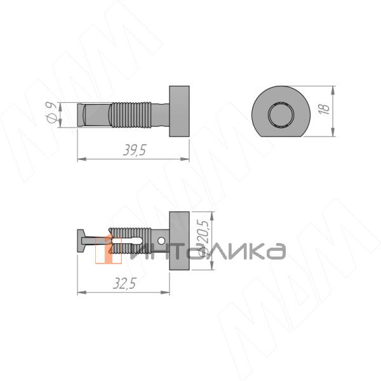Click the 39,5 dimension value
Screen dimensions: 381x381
coord(135,150)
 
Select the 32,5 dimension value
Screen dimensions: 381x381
coord(124,283)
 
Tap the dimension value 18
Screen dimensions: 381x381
coord(324,109)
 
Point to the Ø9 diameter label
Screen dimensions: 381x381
coord(51,112)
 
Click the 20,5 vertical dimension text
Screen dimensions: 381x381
coord(203,231)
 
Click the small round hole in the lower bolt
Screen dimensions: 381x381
coord(161,241)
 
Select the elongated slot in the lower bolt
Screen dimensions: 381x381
coord(126,241)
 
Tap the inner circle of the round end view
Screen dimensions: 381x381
coord(281,114)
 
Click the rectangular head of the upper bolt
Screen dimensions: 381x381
coord(179,111)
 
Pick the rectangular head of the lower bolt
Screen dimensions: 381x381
coord(179,241)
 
